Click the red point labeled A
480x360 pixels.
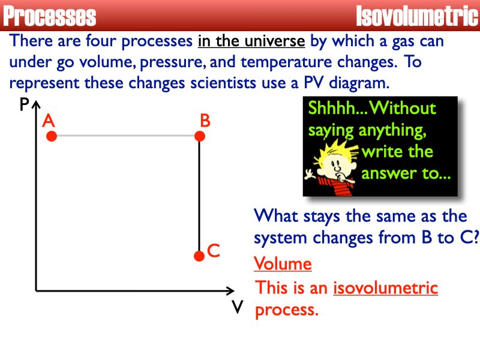click(52, 137)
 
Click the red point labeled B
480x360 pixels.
click(200, 137)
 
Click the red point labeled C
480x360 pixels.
click(199, 256)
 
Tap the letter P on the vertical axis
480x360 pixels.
click(24, 106)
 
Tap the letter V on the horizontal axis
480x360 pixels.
click(238, 307)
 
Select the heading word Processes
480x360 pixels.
click(50, 16)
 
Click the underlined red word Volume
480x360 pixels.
click(283, 264)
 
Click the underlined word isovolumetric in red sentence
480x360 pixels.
click(385, 288)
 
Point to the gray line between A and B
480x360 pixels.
click(126, 137)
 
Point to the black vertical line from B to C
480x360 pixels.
click(200, 198)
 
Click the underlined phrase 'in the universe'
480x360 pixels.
click(251, 41)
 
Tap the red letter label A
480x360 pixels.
click(49, 121)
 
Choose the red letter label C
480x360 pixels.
click(213, 251)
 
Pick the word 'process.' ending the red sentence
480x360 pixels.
click(286, 310)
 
